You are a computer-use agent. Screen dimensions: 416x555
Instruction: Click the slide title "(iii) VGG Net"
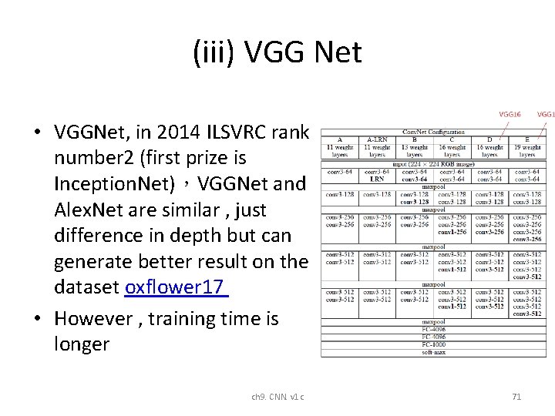pos(277,52)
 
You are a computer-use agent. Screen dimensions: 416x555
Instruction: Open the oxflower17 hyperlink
pos(175,287)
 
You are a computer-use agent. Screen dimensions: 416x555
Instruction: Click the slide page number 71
pos(516,397)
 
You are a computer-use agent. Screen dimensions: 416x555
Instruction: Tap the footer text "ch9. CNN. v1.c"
pos(277,397)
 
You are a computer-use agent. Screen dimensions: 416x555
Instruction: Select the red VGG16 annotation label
pos(510,114)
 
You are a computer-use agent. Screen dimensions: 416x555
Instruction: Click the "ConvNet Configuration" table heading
pos(433,132)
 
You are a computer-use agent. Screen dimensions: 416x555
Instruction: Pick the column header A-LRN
pos(377,139)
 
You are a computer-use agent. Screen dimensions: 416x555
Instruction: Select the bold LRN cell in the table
pos(377,179)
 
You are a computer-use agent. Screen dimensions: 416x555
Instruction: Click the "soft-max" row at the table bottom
pos(433,352)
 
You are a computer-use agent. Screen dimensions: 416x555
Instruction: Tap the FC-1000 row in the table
pos(433,344)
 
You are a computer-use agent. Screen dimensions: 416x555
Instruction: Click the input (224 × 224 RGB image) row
pos(433,163)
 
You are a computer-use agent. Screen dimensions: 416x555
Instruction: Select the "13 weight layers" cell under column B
pos(415,150)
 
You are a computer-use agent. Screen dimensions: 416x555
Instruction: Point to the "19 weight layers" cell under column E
pos(527,150)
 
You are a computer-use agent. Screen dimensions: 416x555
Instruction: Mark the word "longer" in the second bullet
pos(82,344)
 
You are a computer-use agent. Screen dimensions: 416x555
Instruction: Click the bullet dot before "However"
pos(37,319)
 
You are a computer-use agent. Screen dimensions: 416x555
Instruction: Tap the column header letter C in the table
pos(452,139)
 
